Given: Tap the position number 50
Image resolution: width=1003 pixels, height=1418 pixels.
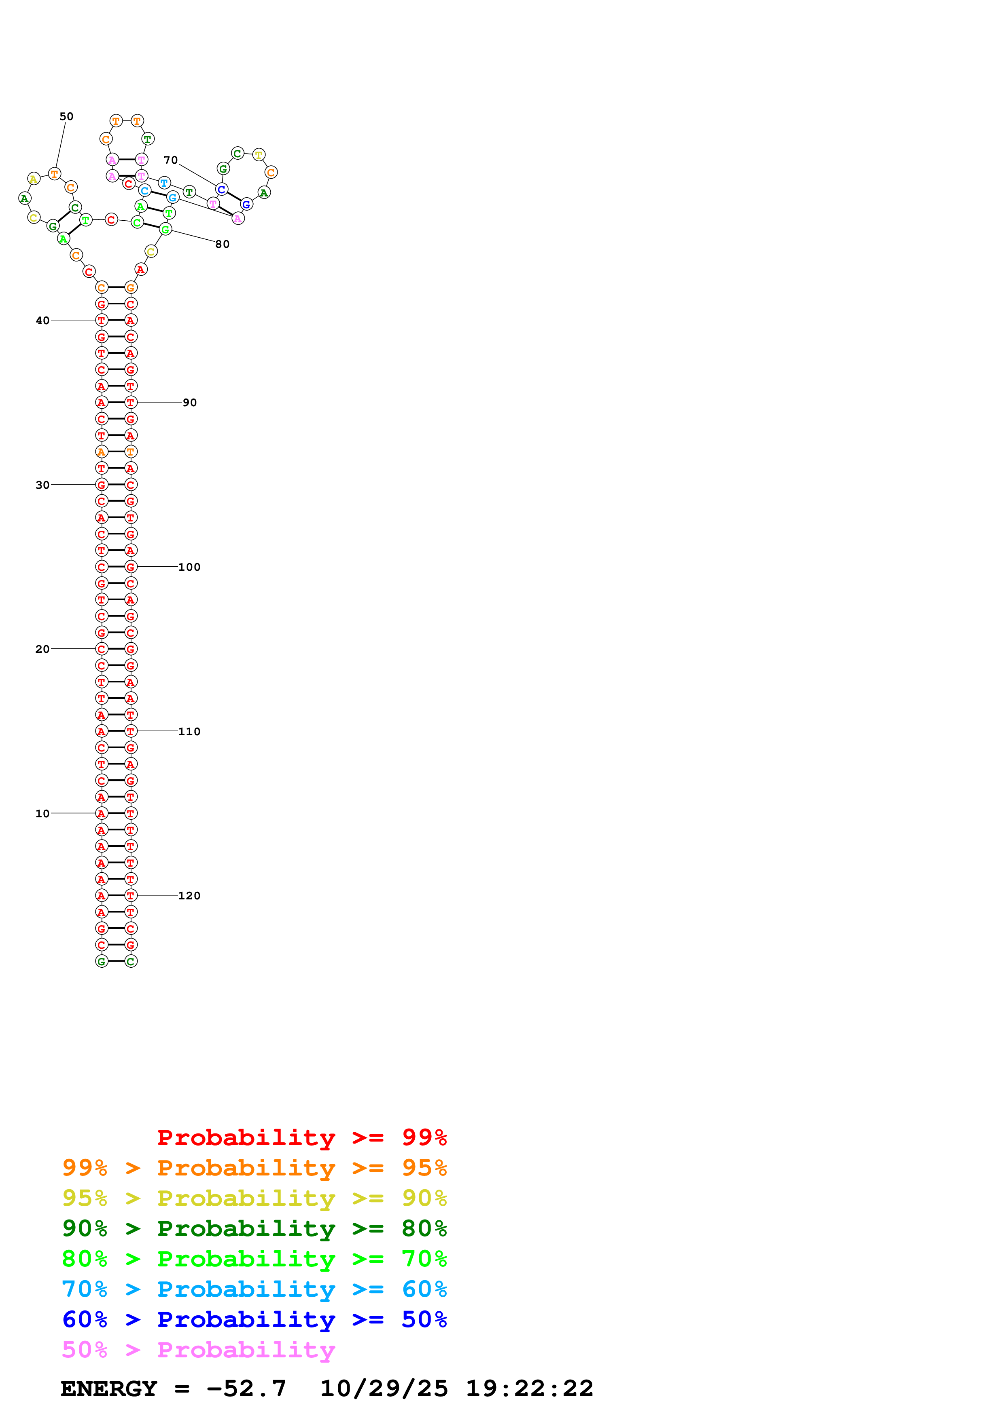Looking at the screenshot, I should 66,116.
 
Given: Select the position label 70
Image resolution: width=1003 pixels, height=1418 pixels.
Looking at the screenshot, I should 171,160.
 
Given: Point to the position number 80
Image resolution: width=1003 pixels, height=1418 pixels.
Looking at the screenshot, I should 223,244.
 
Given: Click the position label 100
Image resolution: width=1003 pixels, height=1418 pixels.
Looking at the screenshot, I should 189,567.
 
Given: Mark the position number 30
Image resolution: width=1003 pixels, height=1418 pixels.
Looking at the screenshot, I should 42,485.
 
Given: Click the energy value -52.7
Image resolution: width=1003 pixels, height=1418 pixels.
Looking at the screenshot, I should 246,1388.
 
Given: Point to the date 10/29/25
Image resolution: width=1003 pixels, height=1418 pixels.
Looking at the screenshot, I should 384,1388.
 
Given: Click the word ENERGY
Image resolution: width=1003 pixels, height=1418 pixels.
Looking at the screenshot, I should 108,1388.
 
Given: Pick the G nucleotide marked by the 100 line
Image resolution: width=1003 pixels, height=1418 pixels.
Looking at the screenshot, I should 130,567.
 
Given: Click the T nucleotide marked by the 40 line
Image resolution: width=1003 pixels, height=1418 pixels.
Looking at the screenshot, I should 101,321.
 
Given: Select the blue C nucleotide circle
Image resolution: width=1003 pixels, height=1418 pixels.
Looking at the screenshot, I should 221,189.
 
